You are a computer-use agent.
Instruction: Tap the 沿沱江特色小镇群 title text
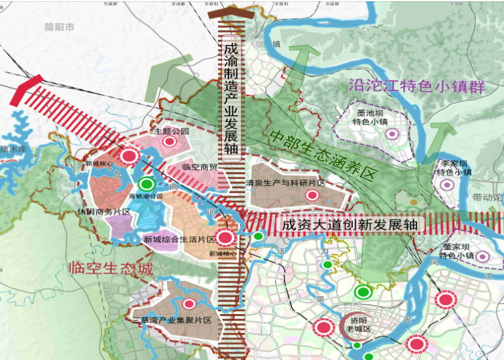pyautogui.click(x=422, y=86)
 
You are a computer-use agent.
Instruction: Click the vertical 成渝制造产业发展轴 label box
pyautogui.click(x=230, y=99)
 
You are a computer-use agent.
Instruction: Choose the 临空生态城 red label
pyautogui.click(x=111, y=268)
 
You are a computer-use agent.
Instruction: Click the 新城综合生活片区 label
pyautogui.click(x=179, y=240)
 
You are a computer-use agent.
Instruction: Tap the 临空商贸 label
pyautogui.click(x=200, y=167)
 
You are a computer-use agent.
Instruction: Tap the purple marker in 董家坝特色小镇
pyautogui.click(x=484, y=257)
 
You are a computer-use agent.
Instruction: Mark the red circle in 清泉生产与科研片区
pyautogui.click(x=312, y=195)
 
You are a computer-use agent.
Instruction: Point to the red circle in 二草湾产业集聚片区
pyautogui.click(x=190, y=304)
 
